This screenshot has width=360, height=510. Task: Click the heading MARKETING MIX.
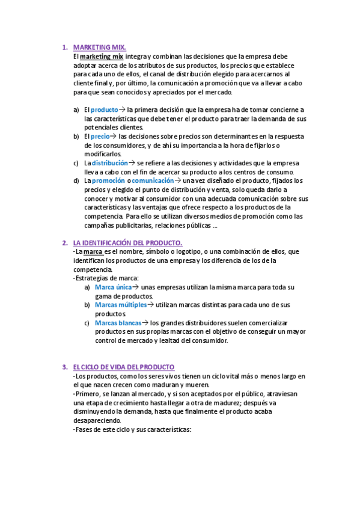click(99, 47)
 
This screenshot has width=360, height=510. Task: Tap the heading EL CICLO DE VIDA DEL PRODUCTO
click(123, 367)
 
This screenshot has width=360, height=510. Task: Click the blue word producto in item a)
click(104, 110)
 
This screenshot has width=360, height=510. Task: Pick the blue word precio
click(100, 137)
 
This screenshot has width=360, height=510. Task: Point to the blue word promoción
click(108, 180)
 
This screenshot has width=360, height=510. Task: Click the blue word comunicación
click(153, 180)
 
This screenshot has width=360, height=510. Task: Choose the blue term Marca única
click(113, 287)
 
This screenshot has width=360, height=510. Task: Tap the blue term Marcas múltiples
click(121, 305)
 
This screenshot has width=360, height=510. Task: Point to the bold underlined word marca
click(93, 251)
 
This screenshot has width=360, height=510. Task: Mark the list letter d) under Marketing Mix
click(76, 180)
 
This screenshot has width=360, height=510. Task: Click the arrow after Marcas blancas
click(145, 323)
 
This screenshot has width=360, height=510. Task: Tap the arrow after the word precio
click(114, 137)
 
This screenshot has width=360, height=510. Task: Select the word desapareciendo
click(96, 421)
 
